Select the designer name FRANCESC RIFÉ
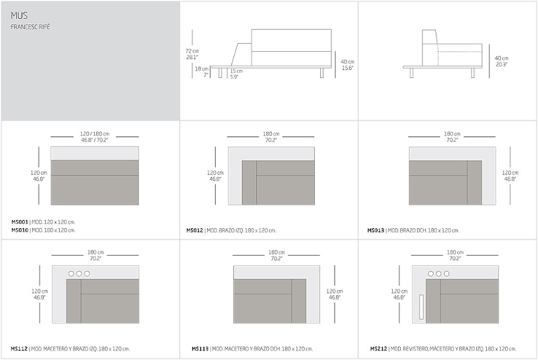tap(30, 27)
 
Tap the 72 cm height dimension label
tap(193, 50)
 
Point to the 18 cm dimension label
tap(202, 69)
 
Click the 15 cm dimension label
tap(235, 71)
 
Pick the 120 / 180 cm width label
tap(95, 133)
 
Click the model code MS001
tap(20, 221)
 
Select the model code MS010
tap(20, 230)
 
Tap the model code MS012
tap(195, 230)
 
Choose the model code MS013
tap(376, 230)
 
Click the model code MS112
tap(20, 349)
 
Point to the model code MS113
tap(200, 349)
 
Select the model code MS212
tap(379, 349)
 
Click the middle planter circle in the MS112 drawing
tap(79, 274)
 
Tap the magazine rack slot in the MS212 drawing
tap(422, 306)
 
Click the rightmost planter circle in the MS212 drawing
tap(447, 274)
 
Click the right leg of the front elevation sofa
tap(322, 73)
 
